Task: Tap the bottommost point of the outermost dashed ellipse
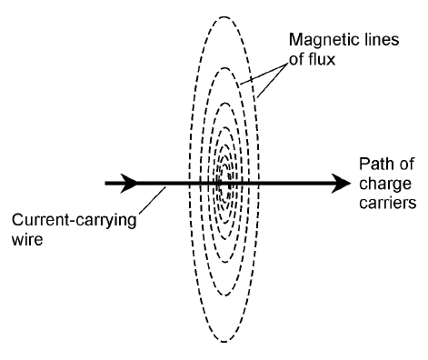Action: coord(224,343)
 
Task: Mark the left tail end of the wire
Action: coord(105,183)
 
